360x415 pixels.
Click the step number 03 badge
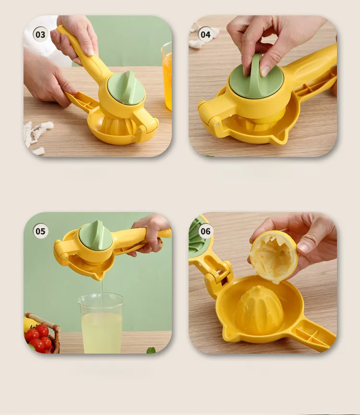[x=40, y=35]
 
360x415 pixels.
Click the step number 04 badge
[x=205, y=35]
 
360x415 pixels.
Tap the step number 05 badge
[x=40, y=231]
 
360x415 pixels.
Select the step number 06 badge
[x=205, y=231]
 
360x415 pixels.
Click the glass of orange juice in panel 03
[x=167, y=76]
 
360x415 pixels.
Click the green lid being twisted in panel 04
[x=256, y=77]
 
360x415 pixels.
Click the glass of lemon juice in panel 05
[x=101, y=323]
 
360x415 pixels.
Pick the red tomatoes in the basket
[x=40, y=339]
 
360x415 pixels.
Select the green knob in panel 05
[x=96, y=236]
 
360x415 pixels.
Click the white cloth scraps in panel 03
[x=35, y=135]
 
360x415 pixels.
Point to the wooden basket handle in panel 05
[x=44, y=321]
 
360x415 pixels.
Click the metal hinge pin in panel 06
[x=220, y=271]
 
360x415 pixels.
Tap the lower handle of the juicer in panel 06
[x=312, y=334]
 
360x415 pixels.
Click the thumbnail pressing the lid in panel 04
[x=264, y=71]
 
